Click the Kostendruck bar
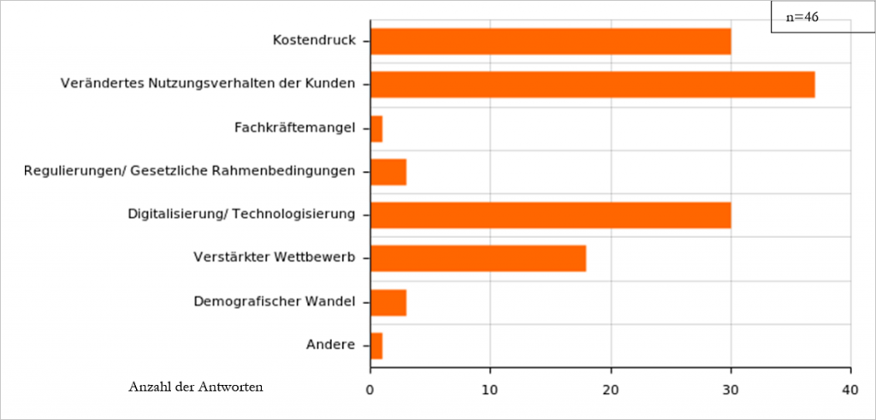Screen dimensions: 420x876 [x=550, y=41]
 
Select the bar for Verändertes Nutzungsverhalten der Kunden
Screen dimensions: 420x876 [x=592, y=85]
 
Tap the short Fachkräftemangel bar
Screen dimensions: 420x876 [x=376, y=128]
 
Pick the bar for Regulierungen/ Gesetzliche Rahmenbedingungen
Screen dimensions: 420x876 [x=388, y=172]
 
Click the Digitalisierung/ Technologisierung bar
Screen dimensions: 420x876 [x=550, y=215]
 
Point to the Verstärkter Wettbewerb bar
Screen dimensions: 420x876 [x=478, y=258]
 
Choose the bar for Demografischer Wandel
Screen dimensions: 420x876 [x=388, y=302]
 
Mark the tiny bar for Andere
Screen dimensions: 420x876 [x=376, y=346]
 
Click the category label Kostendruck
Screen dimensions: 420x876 [x=314, y=40]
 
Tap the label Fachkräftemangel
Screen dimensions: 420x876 [x=294, y=128]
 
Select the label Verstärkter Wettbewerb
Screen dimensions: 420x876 [x=275, y=257]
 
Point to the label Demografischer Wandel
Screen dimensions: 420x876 [x=275, y=301]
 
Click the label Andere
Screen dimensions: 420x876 [x=330, y=345]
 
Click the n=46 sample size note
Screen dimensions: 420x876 [x=803, y=17]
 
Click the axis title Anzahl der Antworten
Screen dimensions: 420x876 [x=196, y=387]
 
